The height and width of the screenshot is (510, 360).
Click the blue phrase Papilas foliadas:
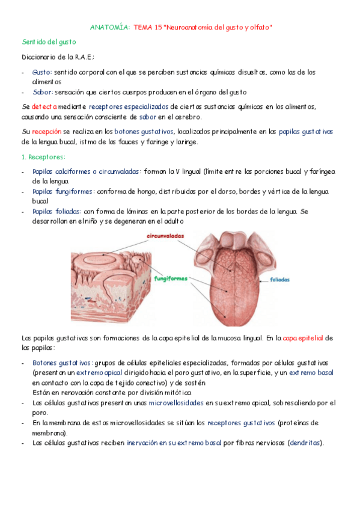coord(56,211)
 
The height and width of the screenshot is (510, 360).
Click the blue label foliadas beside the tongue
coord(280,280)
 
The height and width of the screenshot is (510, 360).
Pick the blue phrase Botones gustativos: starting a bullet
coord(63,363)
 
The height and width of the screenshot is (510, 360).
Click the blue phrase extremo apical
coord(99,373)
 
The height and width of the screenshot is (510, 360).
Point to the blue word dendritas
coord(305,443)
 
